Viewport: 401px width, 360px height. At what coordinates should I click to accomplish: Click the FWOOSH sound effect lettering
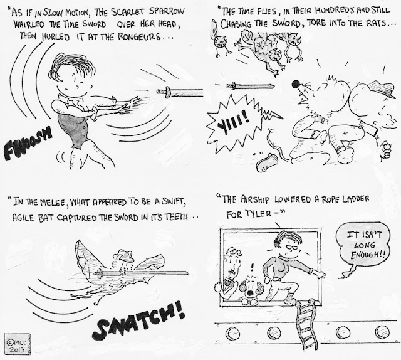click(x=28, y=144)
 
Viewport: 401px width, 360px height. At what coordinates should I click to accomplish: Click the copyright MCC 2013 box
click(x=18, y=344)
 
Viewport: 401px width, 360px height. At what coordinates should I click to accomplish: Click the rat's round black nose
click(x=296, y=83)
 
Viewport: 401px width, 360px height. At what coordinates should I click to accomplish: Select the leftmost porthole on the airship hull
click(x=233, y=334)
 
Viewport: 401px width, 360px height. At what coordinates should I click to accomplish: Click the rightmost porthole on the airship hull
click(x=382, y=332)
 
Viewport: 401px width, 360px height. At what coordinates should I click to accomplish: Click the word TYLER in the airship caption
click(x=258, y=214)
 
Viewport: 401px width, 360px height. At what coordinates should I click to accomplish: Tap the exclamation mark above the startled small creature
click(x=253, y=268)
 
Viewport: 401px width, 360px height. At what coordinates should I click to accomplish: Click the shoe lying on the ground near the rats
click(x=266, y=162)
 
